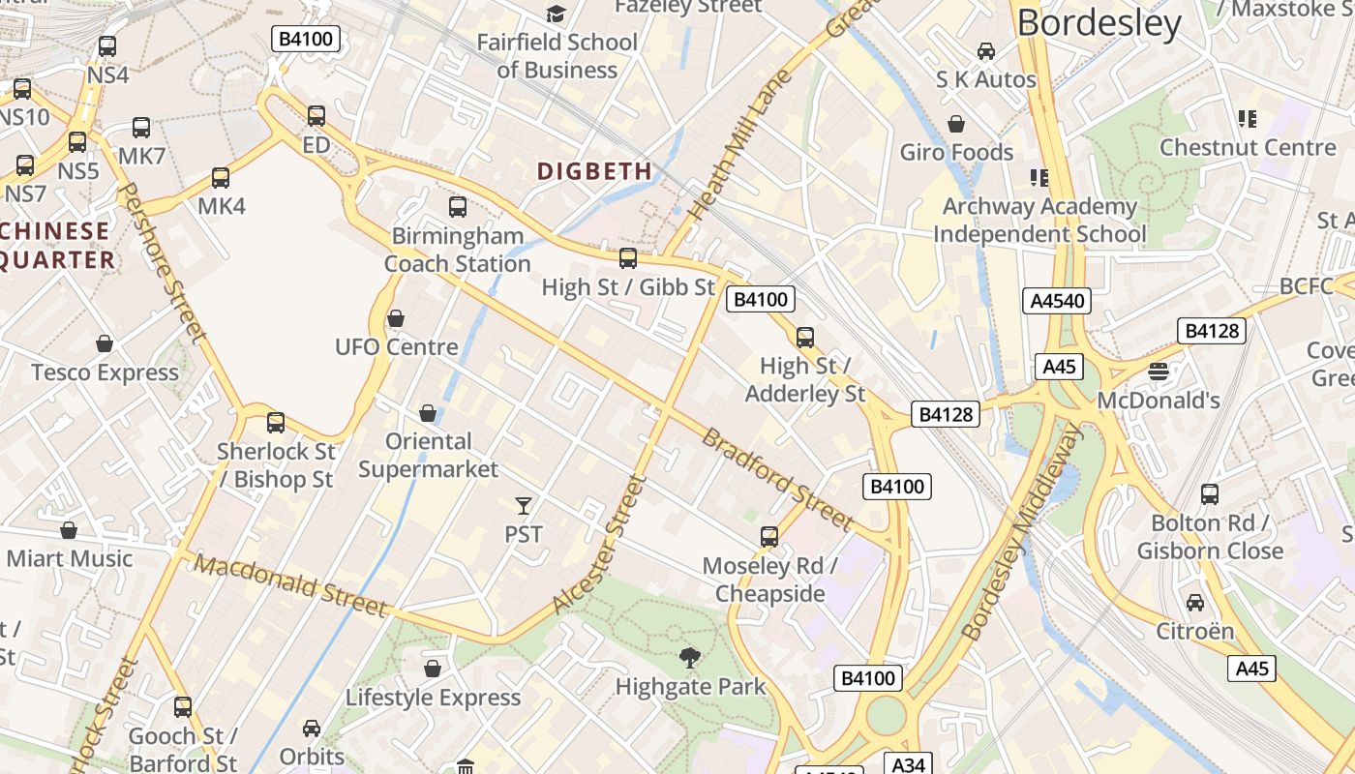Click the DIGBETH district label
pos(594,171)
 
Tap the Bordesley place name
pos(1099,23)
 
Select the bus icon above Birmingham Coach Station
pos(458,207)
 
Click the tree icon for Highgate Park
pos(690,659)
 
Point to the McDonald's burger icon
pos(1158,372)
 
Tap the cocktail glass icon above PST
pos(524,505)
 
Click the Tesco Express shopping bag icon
pos(105,344)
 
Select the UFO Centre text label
pos(396,347)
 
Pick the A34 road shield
pos(908,764)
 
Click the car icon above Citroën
pos(1195,603)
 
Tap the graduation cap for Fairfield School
pos(556,14)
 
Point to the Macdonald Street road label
pos(290,585)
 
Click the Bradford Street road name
pos(777,479)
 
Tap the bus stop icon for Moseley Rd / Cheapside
pos(769,537)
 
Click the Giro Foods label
pos(956,152)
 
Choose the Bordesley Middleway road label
pos(1022,532)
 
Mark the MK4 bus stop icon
pos(221,178)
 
